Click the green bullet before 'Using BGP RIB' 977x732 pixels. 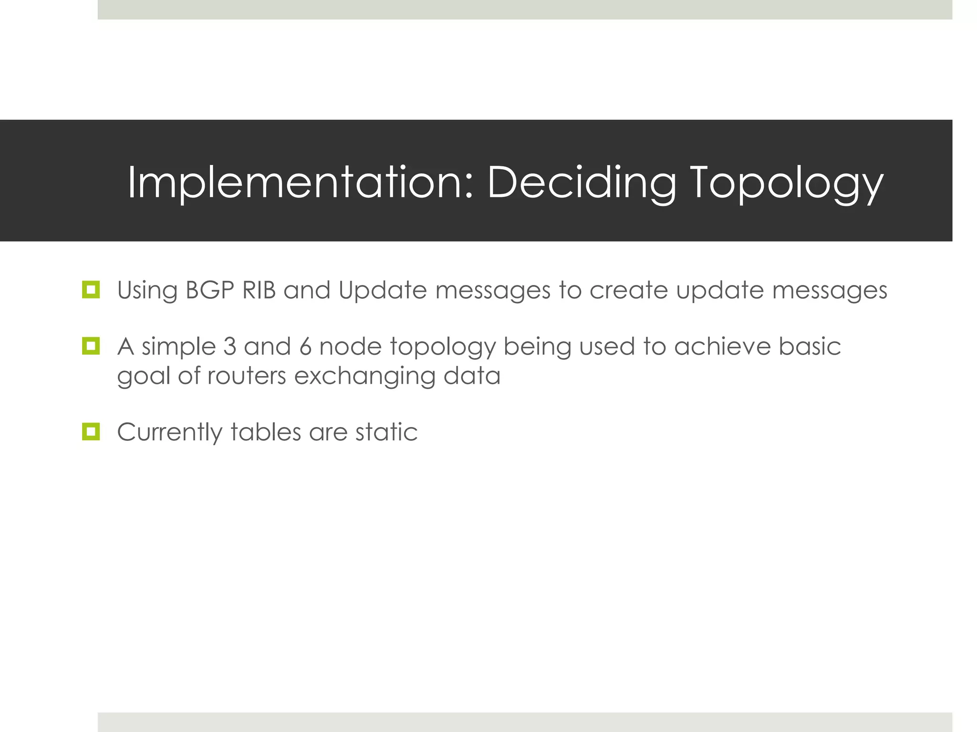(91, 290)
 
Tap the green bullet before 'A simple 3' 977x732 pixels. (91, 346)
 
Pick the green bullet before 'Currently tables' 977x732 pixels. (91, 432)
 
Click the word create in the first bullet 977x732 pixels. (628, 290)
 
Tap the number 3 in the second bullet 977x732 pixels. (229, 346)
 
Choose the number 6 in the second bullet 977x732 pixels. (305, 346)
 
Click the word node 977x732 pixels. (350, 346)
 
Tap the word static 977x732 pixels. (386, 432)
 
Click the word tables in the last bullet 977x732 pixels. (266, 432)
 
